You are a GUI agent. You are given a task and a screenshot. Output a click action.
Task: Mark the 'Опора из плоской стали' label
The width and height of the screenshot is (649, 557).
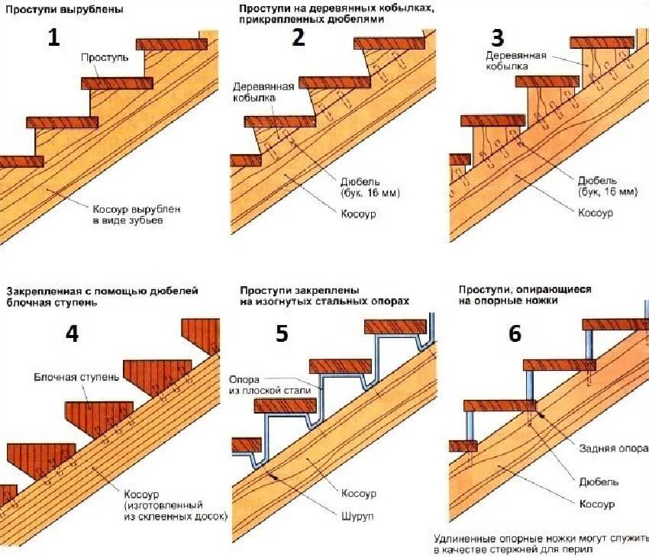tap(266, 385)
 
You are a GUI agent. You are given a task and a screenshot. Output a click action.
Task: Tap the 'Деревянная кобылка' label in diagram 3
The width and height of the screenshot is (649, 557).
tap(508, 60)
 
